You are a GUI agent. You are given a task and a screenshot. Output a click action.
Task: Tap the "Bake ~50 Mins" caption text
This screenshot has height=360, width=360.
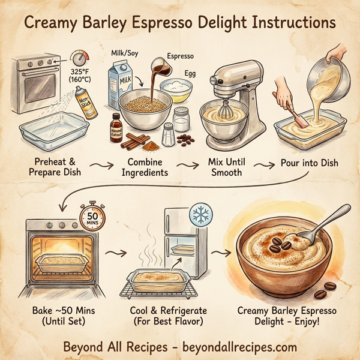(x=62, y=311)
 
